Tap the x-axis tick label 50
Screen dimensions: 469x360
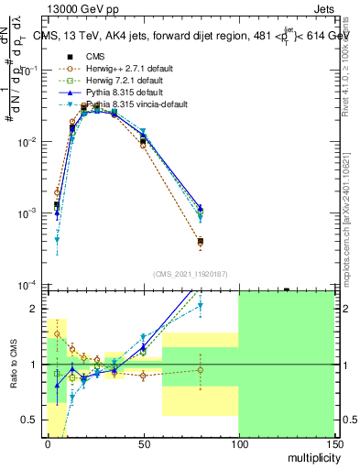coord(143,442)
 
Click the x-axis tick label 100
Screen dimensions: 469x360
coord(238,442)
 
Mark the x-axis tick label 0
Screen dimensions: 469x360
coord(48,442)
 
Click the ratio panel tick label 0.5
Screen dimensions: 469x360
coord(31,420)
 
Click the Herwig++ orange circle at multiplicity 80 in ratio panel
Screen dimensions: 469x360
coord(200,370)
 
